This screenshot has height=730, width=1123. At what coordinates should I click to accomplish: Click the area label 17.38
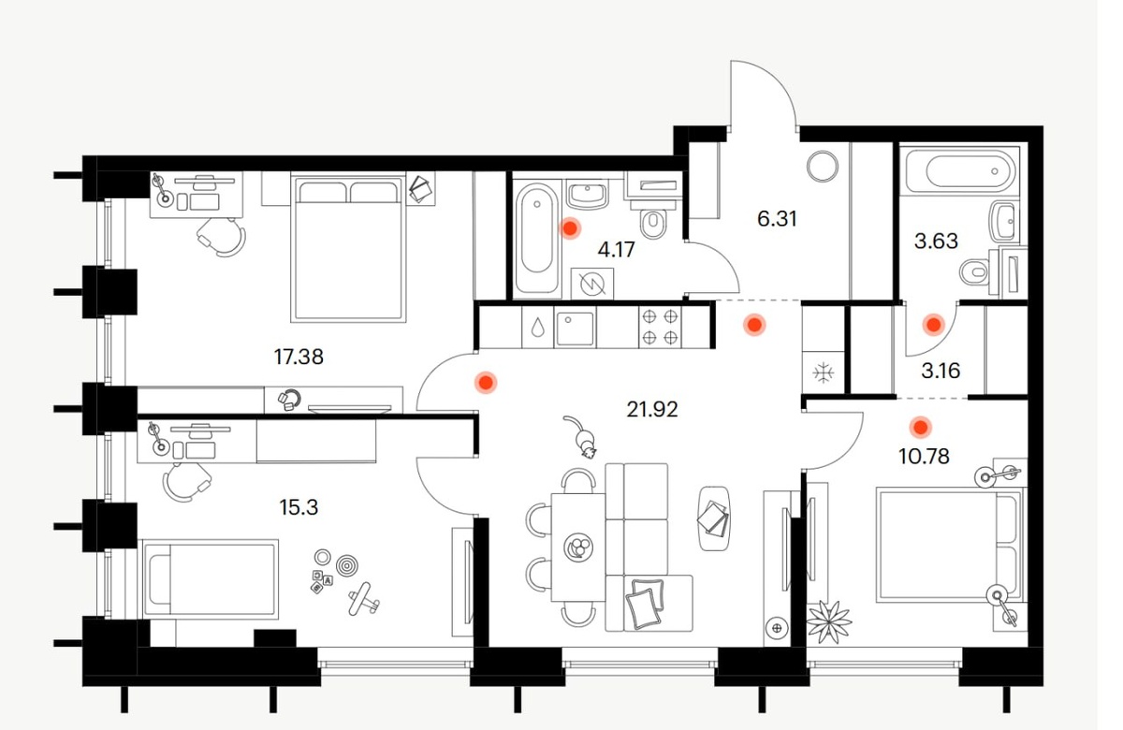click(x=299, y=357)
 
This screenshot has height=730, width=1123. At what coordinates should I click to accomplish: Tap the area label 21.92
click(x=651, y=410)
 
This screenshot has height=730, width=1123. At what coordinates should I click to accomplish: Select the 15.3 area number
click(x=299, y=507)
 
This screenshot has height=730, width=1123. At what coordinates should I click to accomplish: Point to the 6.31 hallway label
click(x=777, y=219)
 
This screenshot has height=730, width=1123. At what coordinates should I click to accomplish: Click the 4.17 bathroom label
click(x=616, y=249)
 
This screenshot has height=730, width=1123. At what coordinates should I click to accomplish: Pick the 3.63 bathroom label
click(x=936, y=241)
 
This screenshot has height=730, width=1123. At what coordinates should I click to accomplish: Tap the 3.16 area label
click(x=941, y=371)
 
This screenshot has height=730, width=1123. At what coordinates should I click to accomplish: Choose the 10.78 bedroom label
click(x=924, y=457)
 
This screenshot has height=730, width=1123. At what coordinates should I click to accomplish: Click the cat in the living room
click(x=581, y=436)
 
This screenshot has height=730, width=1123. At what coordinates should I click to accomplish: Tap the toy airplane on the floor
click(x=364, y=599)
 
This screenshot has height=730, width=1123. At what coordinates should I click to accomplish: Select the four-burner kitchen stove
click(x=660, y=328)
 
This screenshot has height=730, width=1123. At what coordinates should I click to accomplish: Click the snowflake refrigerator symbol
click(x=824, y=373)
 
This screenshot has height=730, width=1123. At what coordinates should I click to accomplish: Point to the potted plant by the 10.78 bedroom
click(x=829, y=621)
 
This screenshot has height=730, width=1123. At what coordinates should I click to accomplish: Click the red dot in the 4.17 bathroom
click(x=570, y=228)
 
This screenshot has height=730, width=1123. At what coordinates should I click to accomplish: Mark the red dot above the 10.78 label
click(x=921, y=428)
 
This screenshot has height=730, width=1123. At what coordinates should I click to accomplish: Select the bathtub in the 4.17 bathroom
click(x=536, y=238)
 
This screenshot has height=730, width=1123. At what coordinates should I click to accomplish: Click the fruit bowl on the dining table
click(x=578, y=547)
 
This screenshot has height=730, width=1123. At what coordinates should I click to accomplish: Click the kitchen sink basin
click(x=575, y=328)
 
